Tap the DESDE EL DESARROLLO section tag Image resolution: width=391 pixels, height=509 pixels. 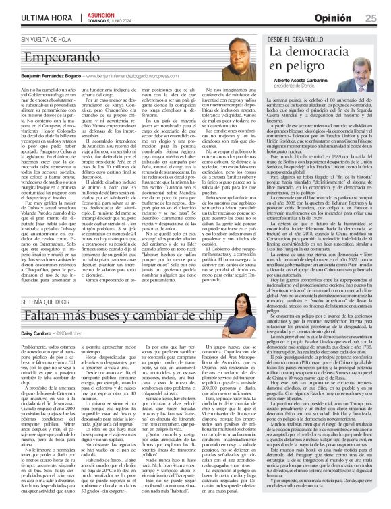click(x=290, y=40)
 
